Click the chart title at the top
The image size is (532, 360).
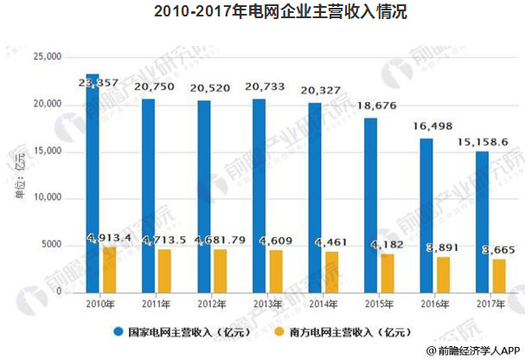coord(266,12)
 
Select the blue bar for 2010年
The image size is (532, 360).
coord(92,182)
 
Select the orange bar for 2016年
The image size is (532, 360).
coord(444,274)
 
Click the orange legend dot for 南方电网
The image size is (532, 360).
coord(279,331)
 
